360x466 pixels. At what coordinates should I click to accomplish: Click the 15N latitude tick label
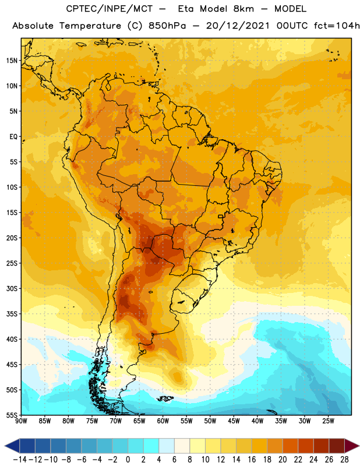[12, 61]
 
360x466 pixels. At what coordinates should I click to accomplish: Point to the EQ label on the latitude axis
[13, 137]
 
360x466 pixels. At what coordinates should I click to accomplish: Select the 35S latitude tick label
[12, 314]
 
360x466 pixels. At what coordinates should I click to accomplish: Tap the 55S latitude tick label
[12, 415]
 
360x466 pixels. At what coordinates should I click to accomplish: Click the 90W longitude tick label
[21, 421]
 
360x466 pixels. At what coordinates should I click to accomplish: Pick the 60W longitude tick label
[163, 421]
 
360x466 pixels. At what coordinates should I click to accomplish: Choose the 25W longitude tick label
[328, 421]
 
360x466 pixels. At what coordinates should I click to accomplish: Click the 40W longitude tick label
[257, 421]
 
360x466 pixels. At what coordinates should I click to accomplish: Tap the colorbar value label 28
[344, 460]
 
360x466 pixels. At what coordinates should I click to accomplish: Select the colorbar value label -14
[20, 460]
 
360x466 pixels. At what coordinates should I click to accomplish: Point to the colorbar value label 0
[128, 460]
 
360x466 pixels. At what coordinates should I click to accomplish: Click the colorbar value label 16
[252, 460]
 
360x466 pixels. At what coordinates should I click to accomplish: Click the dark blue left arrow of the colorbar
[12, 446]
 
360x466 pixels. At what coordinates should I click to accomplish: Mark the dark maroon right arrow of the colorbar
[352, 446]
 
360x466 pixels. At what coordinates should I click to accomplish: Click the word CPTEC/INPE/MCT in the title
[110, 9]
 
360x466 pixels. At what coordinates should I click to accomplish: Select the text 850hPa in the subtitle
[167, 26]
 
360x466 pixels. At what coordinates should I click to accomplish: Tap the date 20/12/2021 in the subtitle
[238, 26]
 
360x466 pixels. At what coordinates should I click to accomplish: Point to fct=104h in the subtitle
[337, 26]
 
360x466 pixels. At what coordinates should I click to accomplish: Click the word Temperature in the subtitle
[90, 26]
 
